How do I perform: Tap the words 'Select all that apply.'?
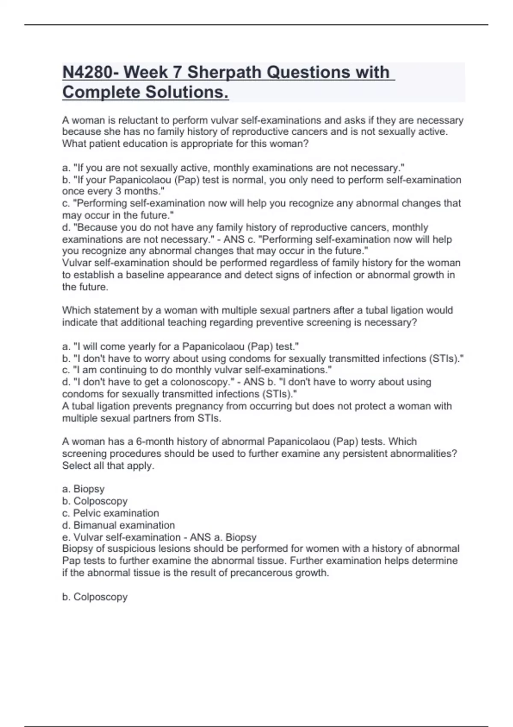[108, 465]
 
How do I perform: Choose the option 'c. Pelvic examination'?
[110, 513]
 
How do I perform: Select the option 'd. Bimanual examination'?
[118, 525]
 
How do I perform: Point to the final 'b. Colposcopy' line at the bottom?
[95, 597]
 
